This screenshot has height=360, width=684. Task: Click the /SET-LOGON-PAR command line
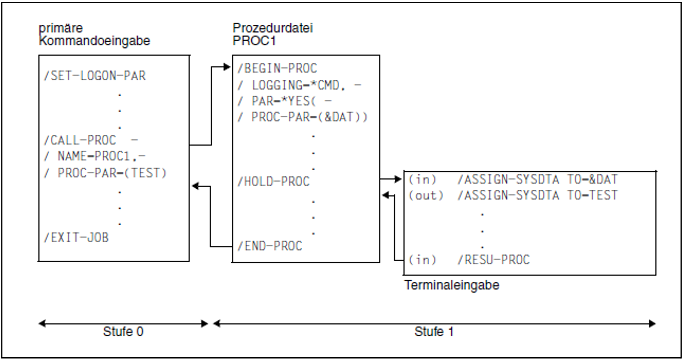pyautogui.click(x=95, y=76)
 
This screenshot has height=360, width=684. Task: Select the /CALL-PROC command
pyautogui.click(x=80, y=140)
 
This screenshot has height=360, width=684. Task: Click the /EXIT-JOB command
pyautogui.click(x=76, y=238)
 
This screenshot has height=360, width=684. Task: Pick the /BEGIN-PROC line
pyautogui.click(x=277, y=68)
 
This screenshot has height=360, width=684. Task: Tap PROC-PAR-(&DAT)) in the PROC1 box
pyautogui.click(x=309, y=117)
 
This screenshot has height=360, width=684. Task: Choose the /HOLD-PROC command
pyautogui.click(x=274, y=182)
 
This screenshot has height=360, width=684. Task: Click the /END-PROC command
pyautogui.click(x=270, y=246)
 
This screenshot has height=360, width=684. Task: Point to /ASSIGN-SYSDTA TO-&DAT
pyautogui.click(x=537, y=179)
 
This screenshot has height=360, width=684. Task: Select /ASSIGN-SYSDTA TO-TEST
pyautogui.click(x=537, y=195)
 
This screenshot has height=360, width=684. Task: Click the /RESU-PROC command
pyautogui.click(x=494, y=260)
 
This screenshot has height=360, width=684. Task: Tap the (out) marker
pyautogui.click(x=425, y=195)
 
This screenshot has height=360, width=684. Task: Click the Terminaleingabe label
pyautogui.click(x=452, y=285)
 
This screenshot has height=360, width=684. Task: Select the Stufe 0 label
pyautogui.click(x=123, y=331)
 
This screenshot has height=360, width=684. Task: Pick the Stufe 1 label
pyautogui.click(x=434, y=331)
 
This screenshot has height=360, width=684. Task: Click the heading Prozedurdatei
pyautogui.click(x=273, y=28)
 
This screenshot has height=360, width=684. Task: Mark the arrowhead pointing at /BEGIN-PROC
pyautogui.click(x=227, y=67)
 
